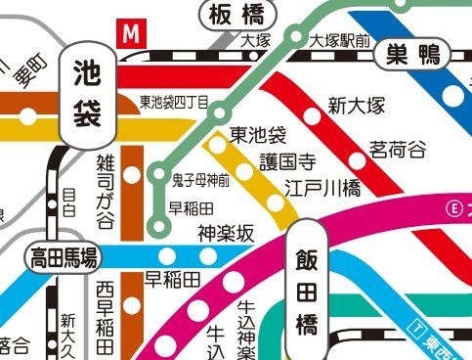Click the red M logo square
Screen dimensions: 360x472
click(130, 32)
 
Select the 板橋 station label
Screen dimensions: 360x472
click(230, 14)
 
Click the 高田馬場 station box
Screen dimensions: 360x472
click(64, 258)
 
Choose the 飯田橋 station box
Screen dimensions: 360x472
click(306, 290)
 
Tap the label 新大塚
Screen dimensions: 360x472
click(354, 104)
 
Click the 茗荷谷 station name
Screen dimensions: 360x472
click(398, 149)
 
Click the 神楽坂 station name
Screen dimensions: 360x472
click(226, 233)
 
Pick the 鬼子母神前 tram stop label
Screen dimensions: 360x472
click(200, 179)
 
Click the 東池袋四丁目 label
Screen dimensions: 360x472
click(174, 101)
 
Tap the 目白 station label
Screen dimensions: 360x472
click(68, 202)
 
